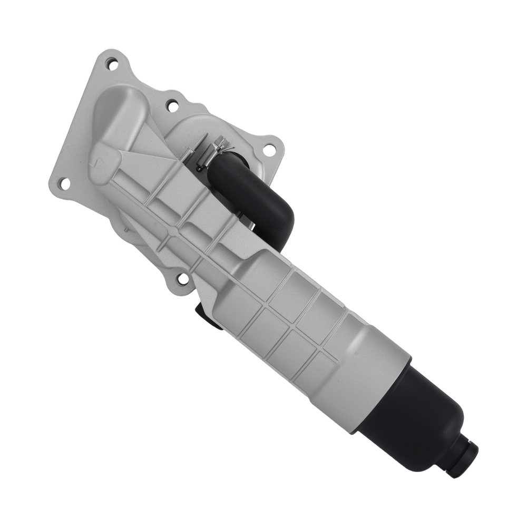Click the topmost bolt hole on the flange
(112, 64)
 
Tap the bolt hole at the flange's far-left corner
(64, 183)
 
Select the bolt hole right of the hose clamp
(269, 149)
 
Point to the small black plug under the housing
(207, 316)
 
